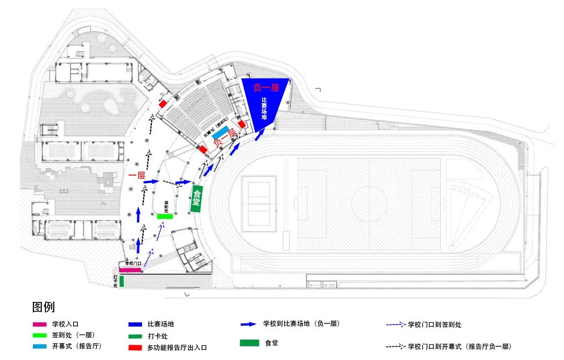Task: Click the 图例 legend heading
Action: [x=43, y=307]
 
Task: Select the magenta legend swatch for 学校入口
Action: [x=38, y=324]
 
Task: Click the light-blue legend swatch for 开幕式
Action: [x=38, y=346]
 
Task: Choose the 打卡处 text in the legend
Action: [x=158, y=336]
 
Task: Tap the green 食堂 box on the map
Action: [x=196, y=199]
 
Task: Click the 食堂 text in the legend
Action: [x=272, y=343]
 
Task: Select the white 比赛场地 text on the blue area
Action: [x=264, y=109]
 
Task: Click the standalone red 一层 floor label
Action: [x=136, y=176]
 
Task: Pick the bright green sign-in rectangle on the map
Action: [x=164, y=216]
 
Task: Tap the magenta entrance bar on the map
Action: [x=130, y=270]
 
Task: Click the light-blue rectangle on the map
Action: [x=220, y=131]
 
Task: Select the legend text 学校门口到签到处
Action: [x=434, y=324]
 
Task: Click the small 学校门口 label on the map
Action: [x=133, y=264]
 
